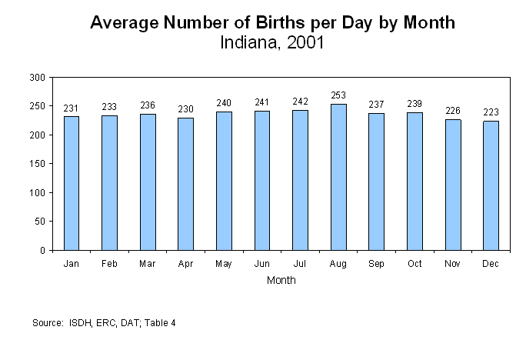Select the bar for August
(x=338, y=177)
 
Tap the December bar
(x=491, y=185)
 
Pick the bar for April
(x=185, y=184)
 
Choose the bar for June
(x=262, y=181)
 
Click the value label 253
(x=338, y=96)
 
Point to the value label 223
(x=491, y=112)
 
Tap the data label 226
(x=453, y=111)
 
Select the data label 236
(x=148, y=105)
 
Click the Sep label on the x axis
(x=376, y=264)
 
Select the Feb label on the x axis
(x=109, y=264)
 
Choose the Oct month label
(x=414, y=264)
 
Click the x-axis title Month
(x=281, y=281)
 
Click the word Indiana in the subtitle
(x=247, y=42)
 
